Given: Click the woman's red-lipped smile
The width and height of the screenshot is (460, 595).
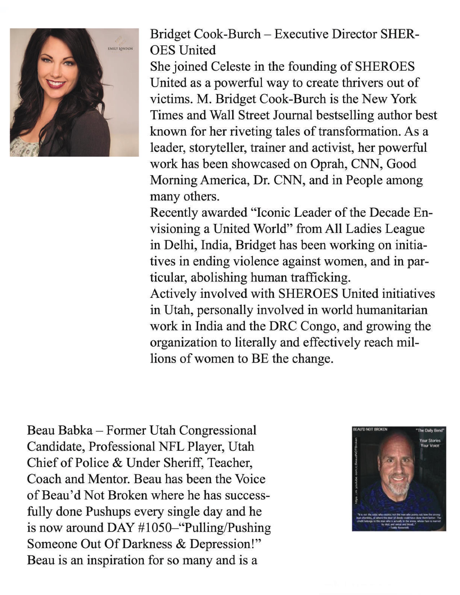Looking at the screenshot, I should (56, 83).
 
